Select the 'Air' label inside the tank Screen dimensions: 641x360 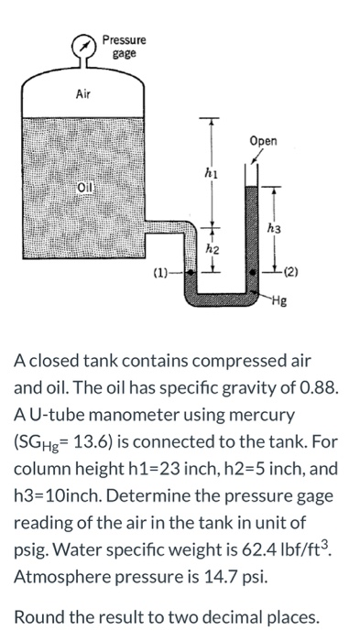(84, 94)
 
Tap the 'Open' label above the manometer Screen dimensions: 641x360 (262, 141)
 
